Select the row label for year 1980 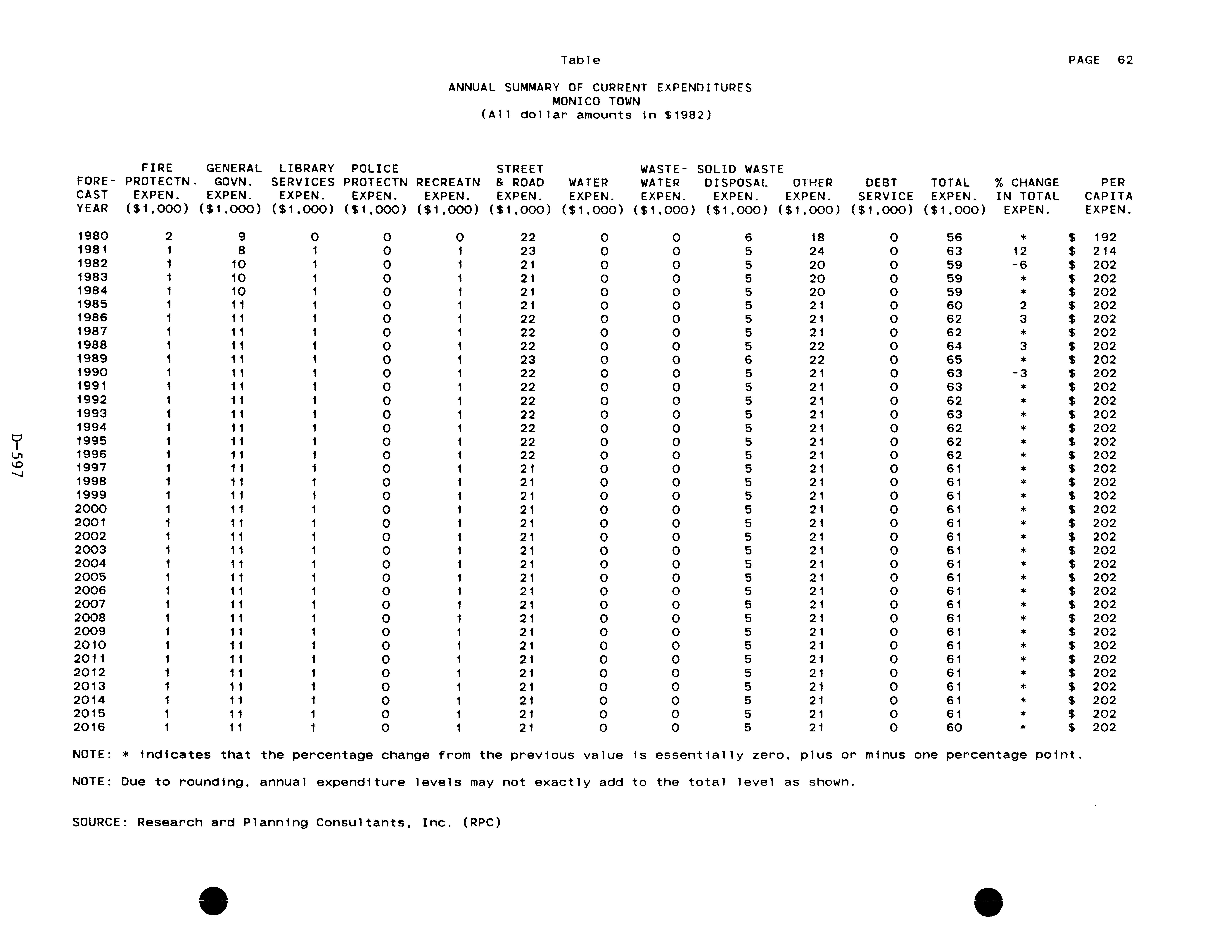[x=92, y=236]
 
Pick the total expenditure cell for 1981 [x=954, y=251]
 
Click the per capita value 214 [x=1105, y=251]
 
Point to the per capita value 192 [x=1105, y=237]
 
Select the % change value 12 [x=1020, y=251]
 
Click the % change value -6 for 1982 [x=1020, y=265]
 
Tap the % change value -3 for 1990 [x=1020, y=373]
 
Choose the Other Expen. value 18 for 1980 [x=817, y=237]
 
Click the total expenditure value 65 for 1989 [x=954, y=360]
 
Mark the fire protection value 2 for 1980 [x=169, y=237]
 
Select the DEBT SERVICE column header [x=881, y=189]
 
